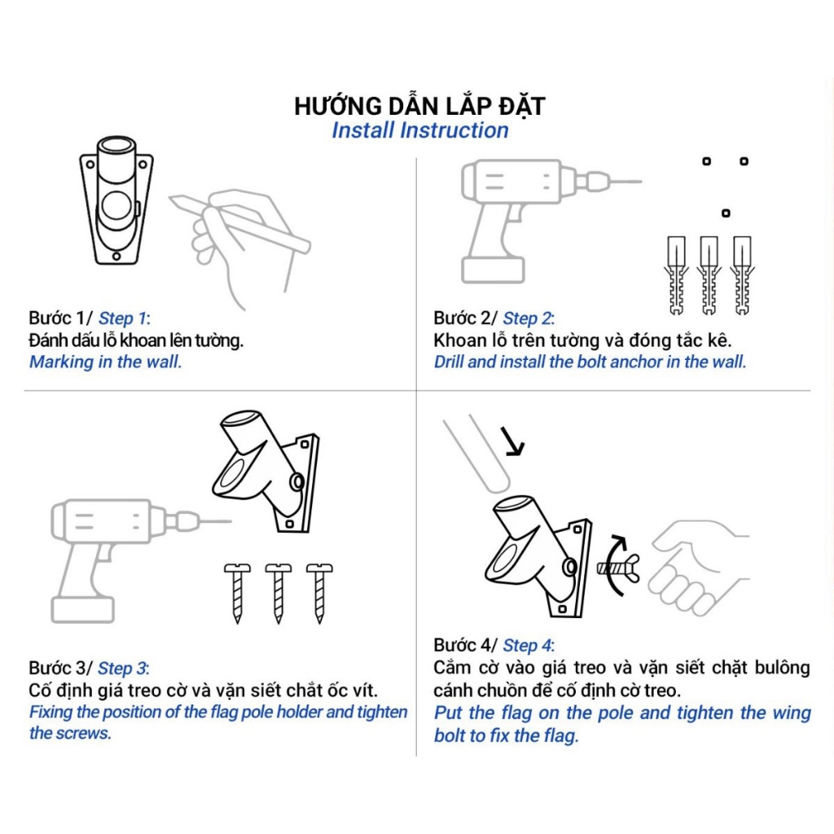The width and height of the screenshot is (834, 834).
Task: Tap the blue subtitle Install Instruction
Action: [x=420, y=130]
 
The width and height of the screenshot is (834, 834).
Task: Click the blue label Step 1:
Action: [x=125, y=318]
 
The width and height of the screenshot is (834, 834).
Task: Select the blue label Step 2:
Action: [x=529, y=318]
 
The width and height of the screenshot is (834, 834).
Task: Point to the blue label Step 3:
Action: [x=124, y=669]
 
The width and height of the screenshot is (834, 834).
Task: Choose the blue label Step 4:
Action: [x=529, y=646]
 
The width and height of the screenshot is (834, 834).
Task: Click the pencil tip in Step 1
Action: [x=171, y=199]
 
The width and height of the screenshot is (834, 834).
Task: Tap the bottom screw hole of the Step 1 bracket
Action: [x=116, y=257]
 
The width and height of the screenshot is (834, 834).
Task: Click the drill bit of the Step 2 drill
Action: [x=621, y=182]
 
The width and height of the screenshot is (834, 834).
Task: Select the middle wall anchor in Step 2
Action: [x=709, y=275]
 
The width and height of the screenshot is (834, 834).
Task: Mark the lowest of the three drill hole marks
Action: [x=726, y=213]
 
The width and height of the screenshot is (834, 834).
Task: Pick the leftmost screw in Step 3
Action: [x=237, y=593]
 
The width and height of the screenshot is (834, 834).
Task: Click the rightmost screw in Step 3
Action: [x=319, y=593]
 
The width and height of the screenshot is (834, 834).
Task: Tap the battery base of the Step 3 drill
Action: [x=83, y=608]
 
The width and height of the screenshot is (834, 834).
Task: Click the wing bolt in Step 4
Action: [x=619, y=568]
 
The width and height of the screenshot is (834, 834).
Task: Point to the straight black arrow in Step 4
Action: [x=513, y=441]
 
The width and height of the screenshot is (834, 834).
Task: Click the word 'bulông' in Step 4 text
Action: [x=783, y=668]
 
